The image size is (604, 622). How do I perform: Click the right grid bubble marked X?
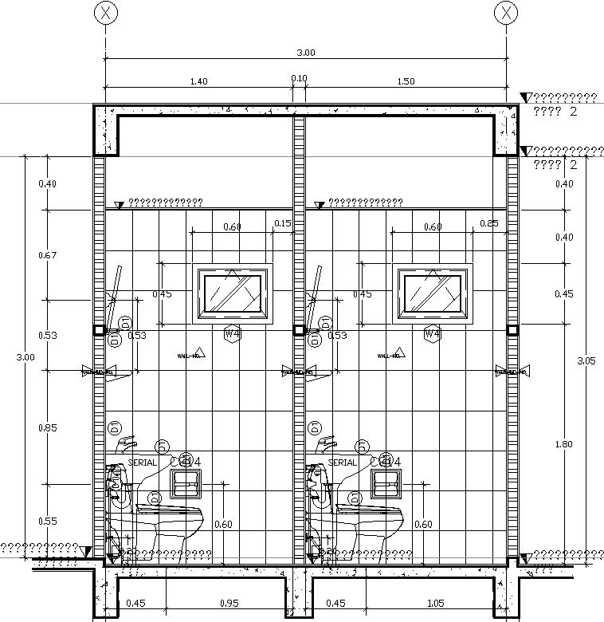click(506, 13)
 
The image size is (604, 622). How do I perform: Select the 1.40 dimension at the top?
click(199, 81)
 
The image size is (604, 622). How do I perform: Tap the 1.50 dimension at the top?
click(405, 81)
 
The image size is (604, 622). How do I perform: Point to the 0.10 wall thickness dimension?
click(299, 78)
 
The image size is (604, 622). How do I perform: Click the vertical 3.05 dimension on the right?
click(586, 360)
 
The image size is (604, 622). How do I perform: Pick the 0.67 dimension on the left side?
click(47, 255)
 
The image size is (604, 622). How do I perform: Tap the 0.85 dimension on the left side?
click(47, 427)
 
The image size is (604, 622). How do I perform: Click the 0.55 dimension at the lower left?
click(47, 521)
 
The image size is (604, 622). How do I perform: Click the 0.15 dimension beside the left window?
click(282, 224)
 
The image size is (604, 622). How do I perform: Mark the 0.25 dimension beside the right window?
click(489, 223)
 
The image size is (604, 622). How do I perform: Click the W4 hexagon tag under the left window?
click(232, 334)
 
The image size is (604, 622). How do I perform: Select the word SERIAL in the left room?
click(143, 463)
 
